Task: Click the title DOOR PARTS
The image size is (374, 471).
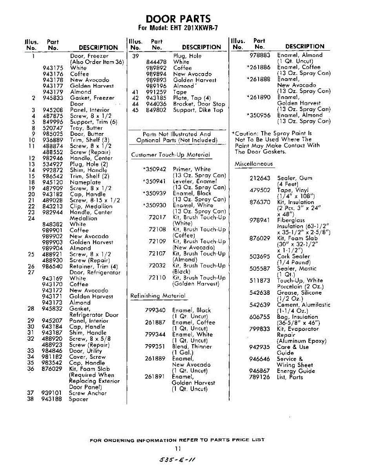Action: [178, 19]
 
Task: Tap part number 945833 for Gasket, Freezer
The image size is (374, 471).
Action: [53, 98]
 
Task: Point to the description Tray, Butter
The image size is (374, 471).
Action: [86, 128]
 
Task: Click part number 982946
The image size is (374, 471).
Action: [53, 158]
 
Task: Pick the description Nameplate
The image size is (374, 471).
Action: [85, 182]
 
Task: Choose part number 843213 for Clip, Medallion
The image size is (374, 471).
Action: [53, 206]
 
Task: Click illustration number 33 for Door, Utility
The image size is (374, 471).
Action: [31, 351]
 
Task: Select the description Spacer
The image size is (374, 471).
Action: [78, 399]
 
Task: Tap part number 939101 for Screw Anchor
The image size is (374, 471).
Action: [53, 393]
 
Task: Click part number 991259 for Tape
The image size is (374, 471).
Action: [156, 92]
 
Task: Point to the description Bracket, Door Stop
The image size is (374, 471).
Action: [199, 104]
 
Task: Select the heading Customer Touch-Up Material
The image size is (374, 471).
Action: [170, 155]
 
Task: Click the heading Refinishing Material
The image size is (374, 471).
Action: [158, 296]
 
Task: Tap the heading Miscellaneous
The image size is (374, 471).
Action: [254, 164]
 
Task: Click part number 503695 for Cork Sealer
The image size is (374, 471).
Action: [260, 257]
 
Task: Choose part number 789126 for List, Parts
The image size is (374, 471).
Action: [259, 377]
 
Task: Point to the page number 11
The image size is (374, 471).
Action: [178, 449]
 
